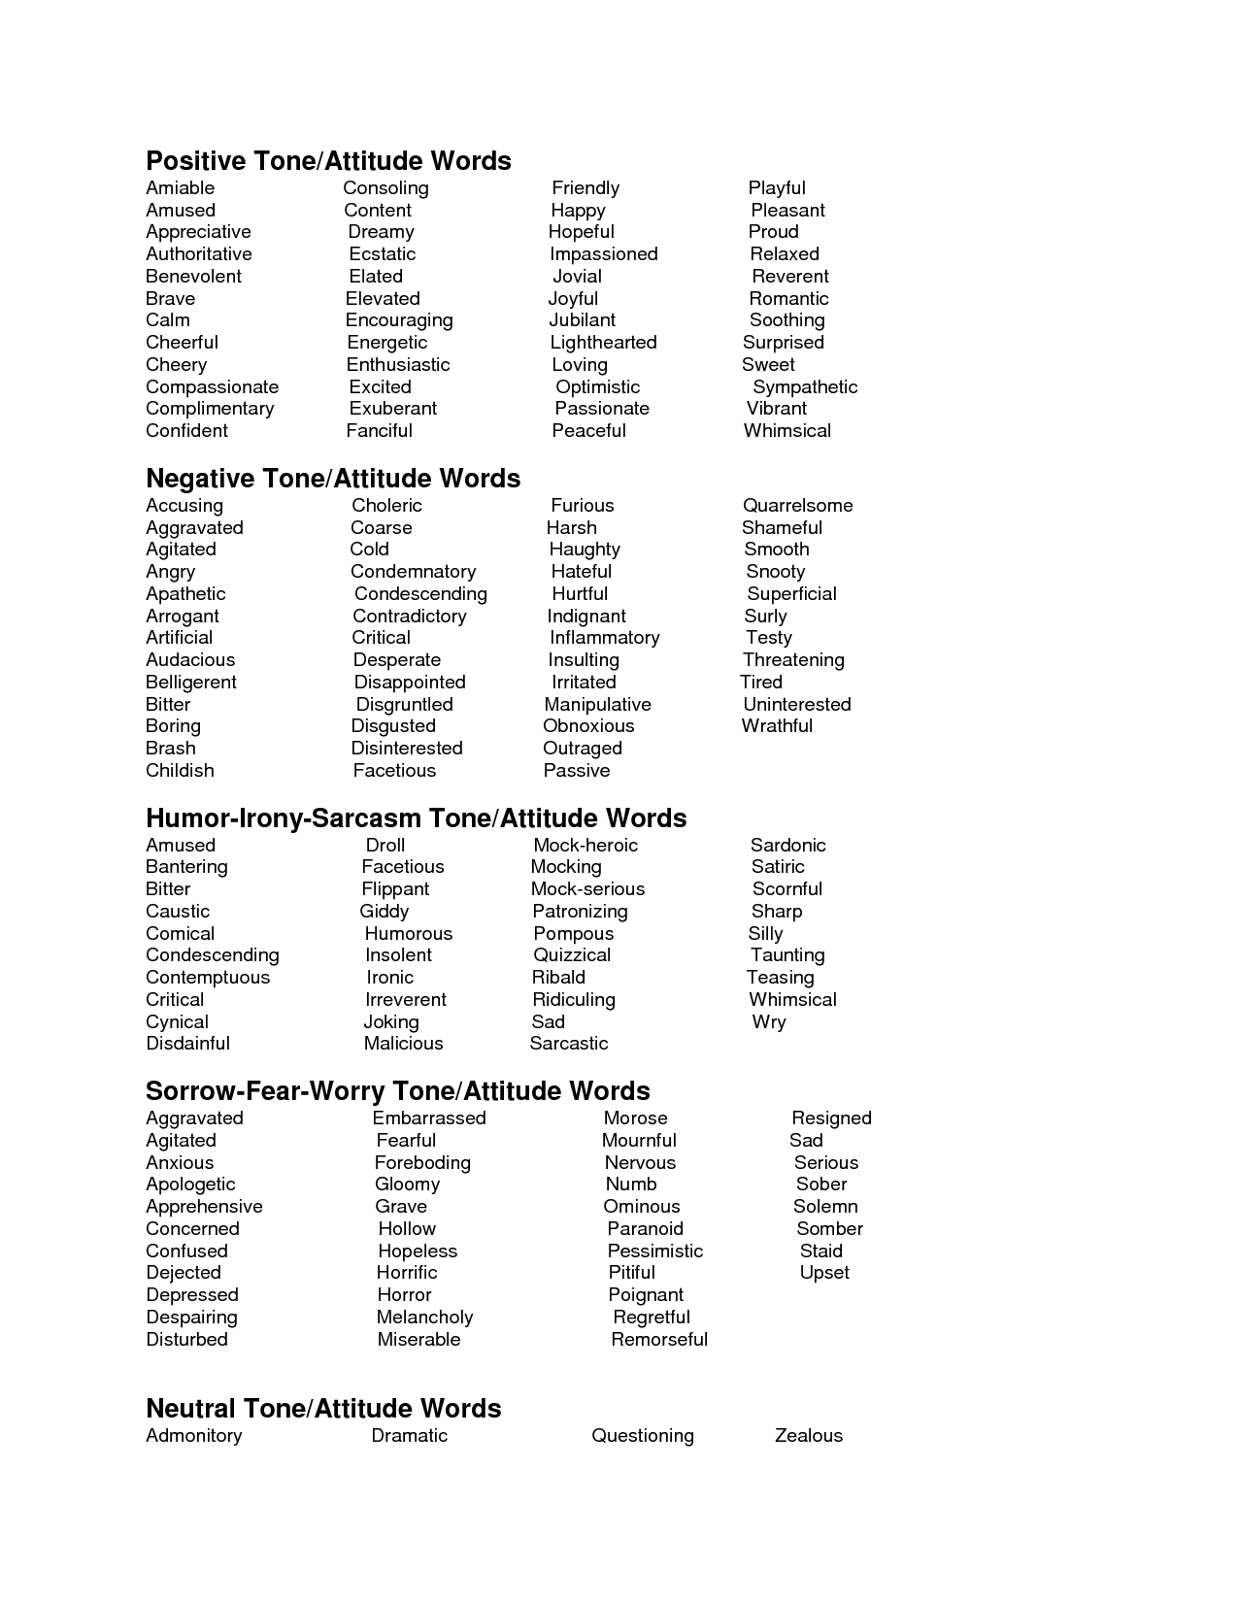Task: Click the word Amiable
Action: [x=180, y=188]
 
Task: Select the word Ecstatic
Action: [x=383, y=254]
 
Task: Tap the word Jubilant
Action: [x=582, y=320]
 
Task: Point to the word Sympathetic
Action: [x=805, y=387]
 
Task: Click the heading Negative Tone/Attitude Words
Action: [x=333, y=479]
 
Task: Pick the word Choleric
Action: [x=386, y=506]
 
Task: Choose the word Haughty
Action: [x=585, y=550]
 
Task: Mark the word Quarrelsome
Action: [x=797, y=506]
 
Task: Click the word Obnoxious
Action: [x=588, y=726]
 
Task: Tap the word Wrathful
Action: [x=777, y=726]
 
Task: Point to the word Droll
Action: [x=385, y=846]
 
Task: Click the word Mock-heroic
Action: [x=586, y=846]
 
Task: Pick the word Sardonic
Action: [x=787, y=846]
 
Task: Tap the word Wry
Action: [x=768, y=1022]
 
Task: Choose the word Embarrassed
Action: [x=429, y=1118]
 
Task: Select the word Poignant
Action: [x=646, y=1295]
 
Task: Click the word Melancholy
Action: [x=424, y=1318]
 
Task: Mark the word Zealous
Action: [x=808, y=1436]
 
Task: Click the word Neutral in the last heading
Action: [x=190, y=1409]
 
